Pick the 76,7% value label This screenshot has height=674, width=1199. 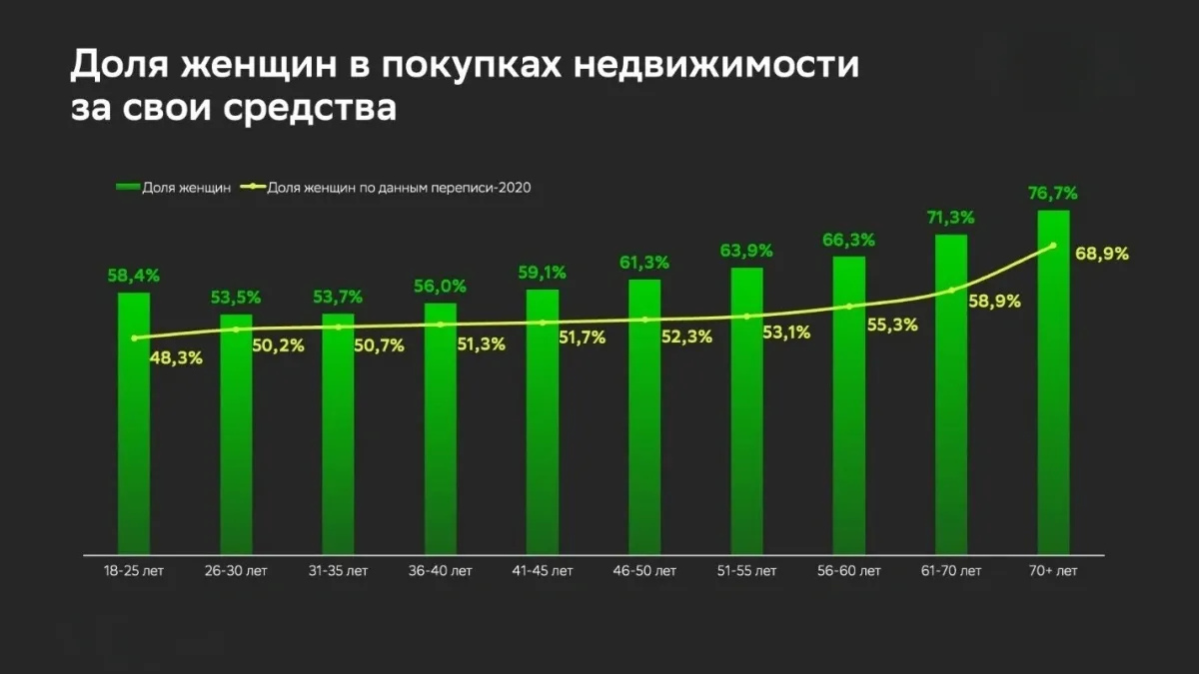[1053, 193]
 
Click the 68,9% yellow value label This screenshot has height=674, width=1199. [1102, 254]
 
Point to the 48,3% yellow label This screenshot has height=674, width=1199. [176, 356]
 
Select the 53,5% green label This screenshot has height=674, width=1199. [236, 297]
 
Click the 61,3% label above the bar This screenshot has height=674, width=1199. [644, 262]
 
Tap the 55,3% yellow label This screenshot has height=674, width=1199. [891, 324]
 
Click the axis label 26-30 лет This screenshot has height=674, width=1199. [236, 571]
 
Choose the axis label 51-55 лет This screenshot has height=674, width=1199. [746, 571]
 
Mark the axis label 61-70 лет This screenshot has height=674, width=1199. [951, 571]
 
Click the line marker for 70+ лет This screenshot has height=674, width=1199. [1053, 246]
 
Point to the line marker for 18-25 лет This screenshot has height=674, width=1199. [134, 337]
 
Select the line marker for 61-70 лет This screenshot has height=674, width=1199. [951, 291]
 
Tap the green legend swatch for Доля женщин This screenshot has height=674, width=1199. [128, 187]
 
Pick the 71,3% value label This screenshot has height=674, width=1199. [951, 217]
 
